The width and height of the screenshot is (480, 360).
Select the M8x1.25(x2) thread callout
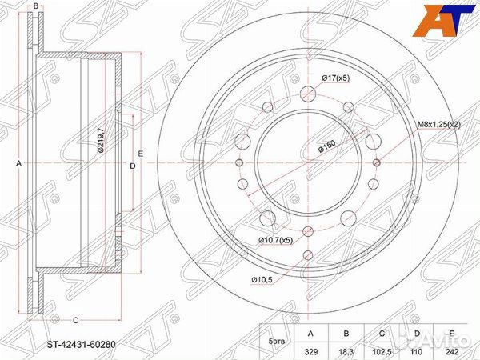tap(440, 123)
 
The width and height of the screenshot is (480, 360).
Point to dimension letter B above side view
tap(36, 6)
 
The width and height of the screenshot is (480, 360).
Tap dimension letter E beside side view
tap(140, 153)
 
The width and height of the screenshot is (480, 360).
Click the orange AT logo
tap(446, 19)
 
